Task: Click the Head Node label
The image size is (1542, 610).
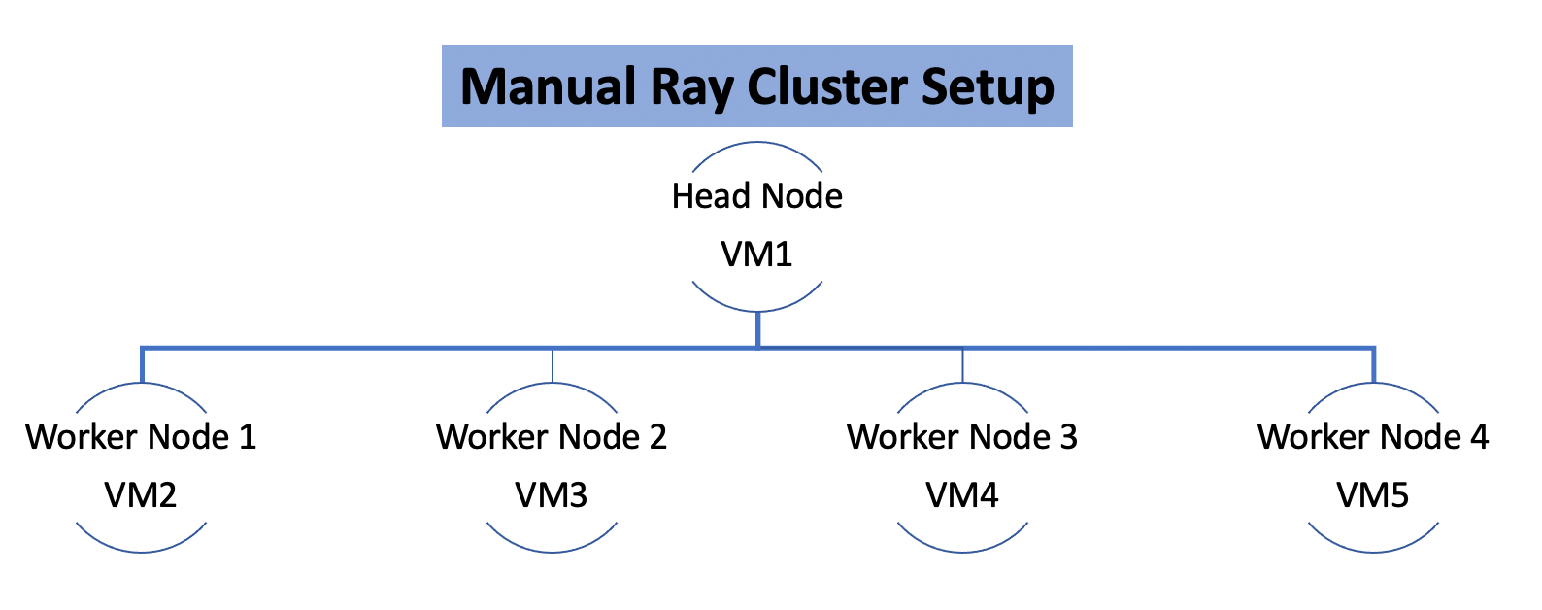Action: [756, 196]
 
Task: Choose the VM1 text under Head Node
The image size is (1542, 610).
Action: [756, 254]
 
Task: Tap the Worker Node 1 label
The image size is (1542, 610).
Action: [141, 437]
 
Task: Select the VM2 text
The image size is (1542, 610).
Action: [141, 495]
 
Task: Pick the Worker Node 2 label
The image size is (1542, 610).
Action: [552, 437]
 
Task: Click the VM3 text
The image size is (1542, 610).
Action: [552, 495]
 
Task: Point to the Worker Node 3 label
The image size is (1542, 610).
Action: [962, 437]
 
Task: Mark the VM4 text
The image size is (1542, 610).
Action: [962, 495]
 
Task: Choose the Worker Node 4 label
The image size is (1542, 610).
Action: [1373, 437]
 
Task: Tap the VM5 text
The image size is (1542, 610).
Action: [1373, 495]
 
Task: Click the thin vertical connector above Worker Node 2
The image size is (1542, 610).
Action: [552, 366]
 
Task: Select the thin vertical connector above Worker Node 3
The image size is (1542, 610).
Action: [962, 366]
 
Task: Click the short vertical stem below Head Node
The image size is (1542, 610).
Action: [757, 328]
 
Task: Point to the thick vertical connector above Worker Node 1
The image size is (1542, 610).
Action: [142, 365]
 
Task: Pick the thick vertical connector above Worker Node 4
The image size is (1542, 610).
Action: [1373, 365]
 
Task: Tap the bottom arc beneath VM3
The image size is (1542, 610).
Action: [552, 551]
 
